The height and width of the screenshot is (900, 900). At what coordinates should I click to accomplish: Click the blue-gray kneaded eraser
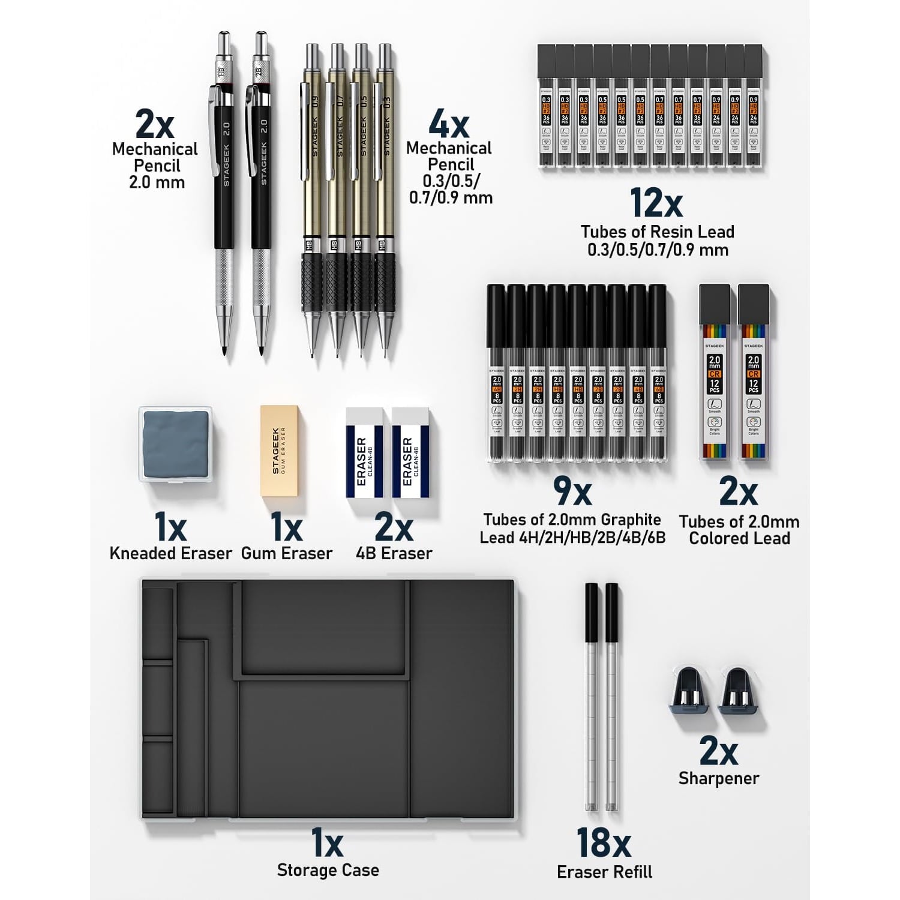click(x=176, y=443)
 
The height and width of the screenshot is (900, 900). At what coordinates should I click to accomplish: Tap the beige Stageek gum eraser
click(x=279, y=451)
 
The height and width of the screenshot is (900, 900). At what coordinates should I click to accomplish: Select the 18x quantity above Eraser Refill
click(x=603, y=843)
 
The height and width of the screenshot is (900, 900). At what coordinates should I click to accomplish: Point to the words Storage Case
click(x=328, y=870)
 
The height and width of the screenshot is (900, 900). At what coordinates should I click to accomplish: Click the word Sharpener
click(x=718, y=778)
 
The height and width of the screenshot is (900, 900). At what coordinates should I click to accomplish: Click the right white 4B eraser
click(x=411, y=453)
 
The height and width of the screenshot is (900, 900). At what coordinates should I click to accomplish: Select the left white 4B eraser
click(x=364, y=453)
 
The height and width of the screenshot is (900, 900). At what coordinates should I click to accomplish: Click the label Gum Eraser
click(x=286, y=553)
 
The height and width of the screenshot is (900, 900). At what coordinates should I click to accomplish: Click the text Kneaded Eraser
click(x=170, y=553)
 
